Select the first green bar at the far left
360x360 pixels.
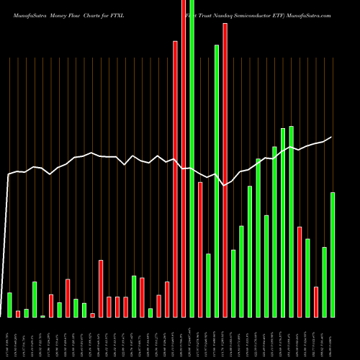coord(9,305)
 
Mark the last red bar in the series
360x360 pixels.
coord(316,302)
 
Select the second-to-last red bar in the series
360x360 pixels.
coord(300,271)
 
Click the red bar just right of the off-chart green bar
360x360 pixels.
coord(200,249)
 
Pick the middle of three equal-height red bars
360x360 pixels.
coord(117,307)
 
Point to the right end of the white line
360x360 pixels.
coord(332,137)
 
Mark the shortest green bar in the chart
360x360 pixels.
coord(42,316)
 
